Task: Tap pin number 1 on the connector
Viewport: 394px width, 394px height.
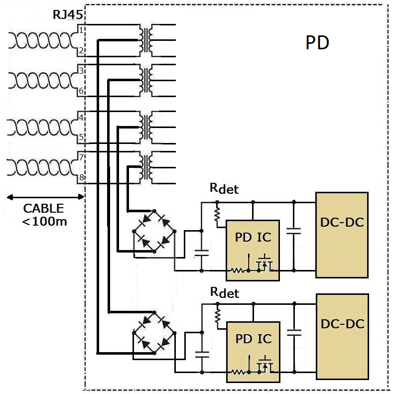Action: click(x=81, y=31)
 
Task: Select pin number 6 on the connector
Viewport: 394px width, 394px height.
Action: click(x=81, y=91)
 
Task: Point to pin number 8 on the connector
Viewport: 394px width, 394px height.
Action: click(x=81, y=177)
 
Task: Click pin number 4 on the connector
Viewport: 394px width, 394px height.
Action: click(x=81, y=118)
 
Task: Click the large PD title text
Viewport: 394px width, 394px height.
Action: click(x=317, y=43)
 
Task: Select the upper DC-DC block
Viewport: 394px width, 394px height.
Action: click(x=342, y=235)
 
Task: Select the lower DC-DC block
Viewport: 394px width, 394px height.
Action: click(x=342, y=336)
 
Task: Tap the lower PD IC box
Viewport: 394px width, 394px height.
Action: click(x=253, y=352)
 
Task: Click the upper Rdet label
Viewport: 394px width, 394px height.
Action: click(x=224, y=189)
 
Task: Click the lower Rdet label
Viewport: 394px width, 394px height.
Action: click(x=224, y=292)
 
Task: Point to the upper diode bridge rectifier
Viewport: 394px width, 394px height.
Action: click(x=154, y=232)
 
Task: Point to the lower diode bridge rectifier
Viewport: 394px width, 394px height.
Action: click(x=154, y=333)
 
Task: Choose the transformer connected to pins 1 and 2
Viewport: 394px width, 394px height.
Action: click(x=146, y=40)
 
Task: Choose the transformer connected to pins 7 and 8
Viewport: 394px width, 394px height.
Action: click(x=146, y=167)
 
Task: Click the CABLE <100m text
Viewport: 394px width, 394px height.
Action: click(x=43, y=214)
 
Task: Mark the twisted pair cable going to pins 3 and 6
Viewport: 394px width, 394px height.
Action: click(x=42, y=80)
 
